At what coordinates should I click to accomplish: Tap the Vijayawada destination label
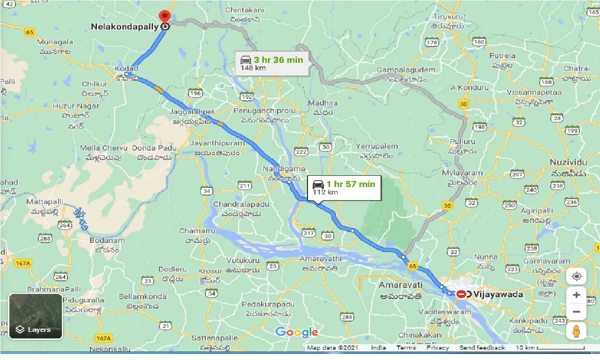coord(498,294)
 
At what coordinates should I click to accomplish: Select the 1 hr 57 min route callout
coord(344,187)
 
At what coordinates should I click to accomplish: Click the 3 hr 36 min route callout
coord(272,63)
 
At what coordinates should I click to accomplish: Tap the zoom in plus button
coord(576,295)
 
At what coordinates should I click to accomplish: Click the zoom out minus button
coord(576,312)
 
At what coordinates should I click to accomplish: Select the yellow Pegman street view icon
coord(576,331)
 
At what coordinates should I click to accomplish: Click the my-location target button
coord(576,276)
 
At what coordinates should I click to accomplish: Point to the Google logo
coord(297,332)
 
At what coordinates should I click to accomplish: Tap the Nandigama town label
coord(285,169)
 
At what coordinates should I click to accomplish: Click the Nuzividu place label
coord(568,162)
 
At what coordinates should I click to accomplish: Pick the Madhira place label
coord(321,103)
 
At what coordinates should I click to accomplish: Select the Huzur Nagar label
coord(76,106)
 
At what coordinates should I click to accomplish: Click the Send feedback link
coord(482,348)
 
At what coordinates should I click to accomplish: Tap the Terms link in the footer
coord(406,348)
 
